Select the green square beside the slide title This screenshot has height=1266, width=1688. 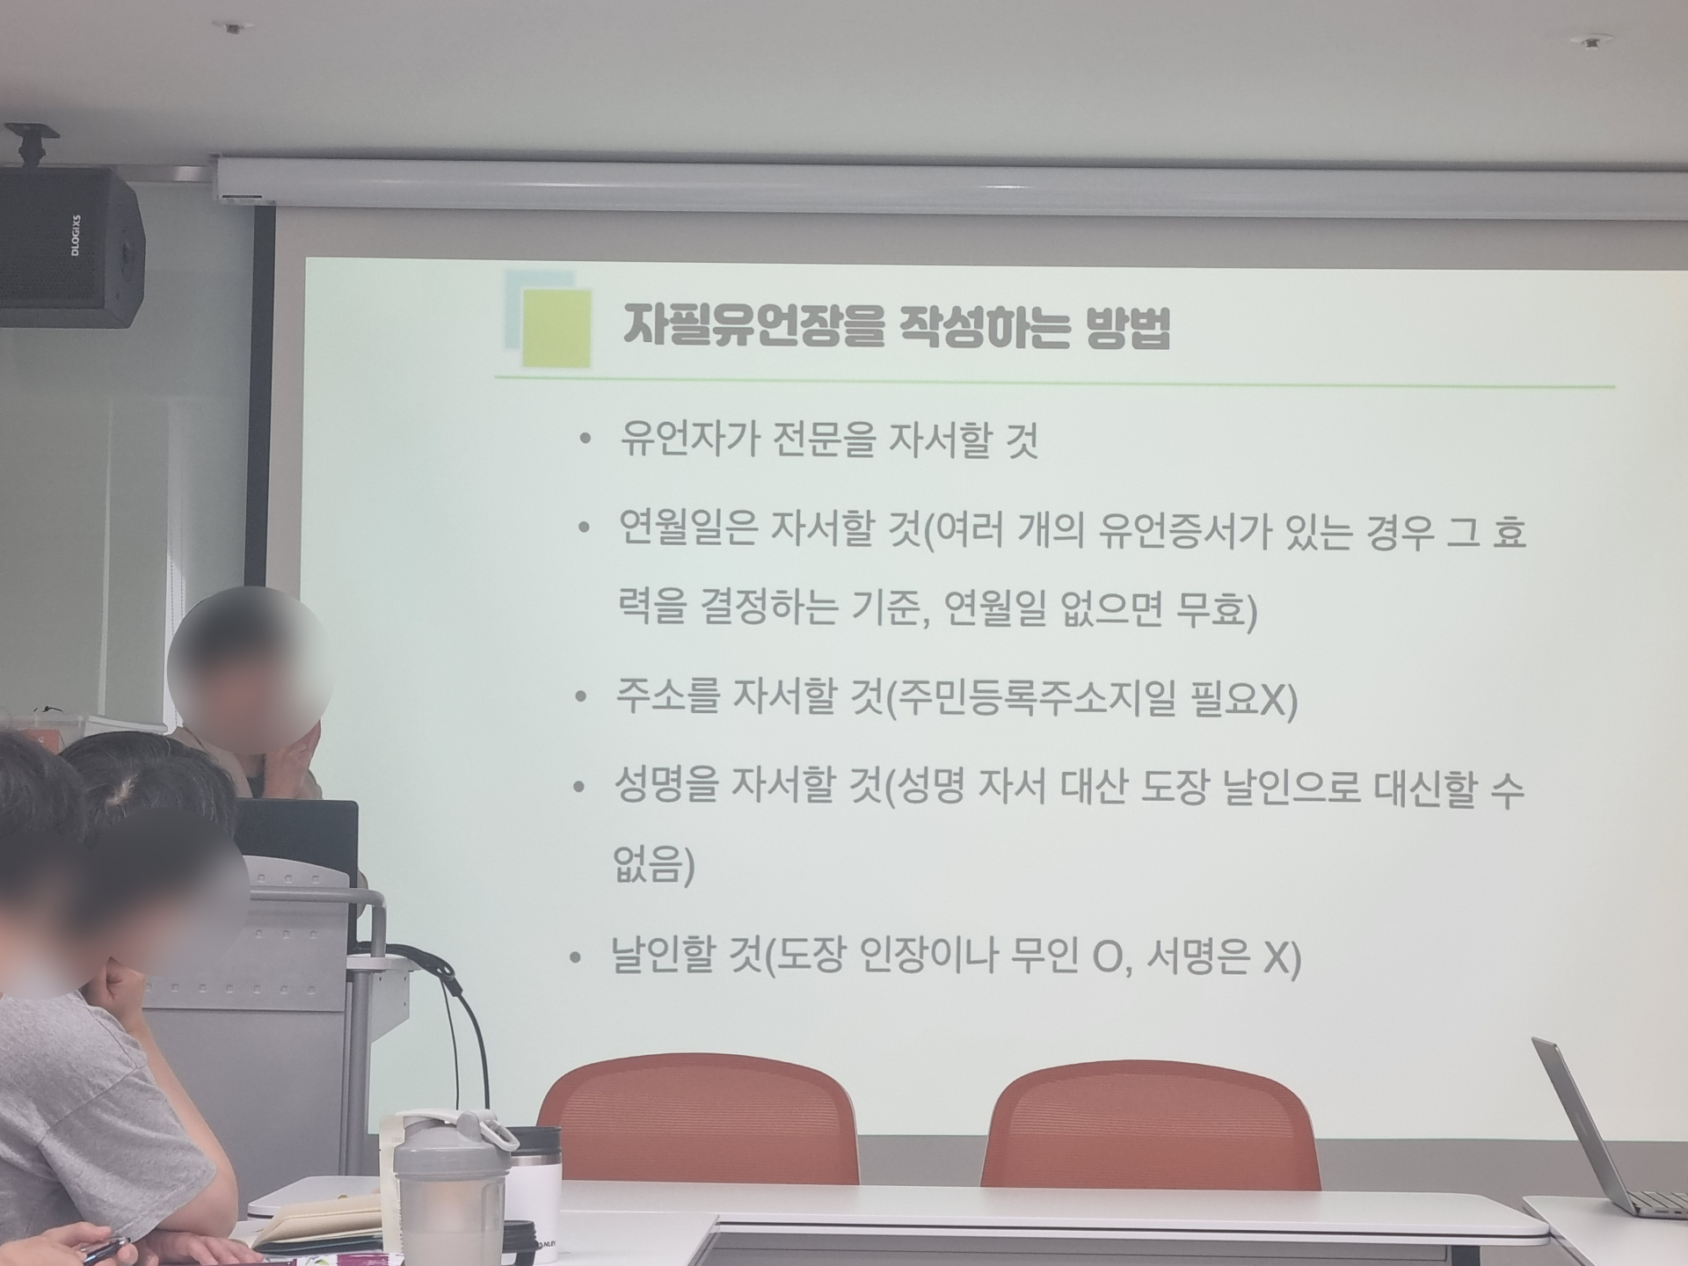pyautogui.click(x=556, y=328)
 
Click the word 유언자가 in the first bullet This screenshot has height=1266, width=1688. pyautogui.click(x=689, y=440)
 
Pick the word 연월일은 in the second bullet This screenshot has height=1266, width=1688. pyautogui.click(x=688, y=530)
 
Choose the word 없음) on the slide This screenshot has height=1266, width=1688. pyautogui.click(x=653, y=864)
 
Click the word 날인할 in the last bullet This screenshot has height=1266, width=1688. pyautogui.click(x=663, y=956)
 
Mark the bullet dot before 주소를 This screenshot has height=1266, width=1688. pyautogui.click(x=580, y=697)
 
